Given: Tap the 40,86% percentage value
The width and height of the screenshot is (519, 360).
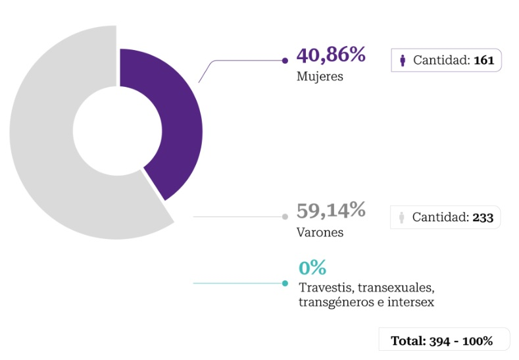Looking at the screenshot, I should point(331,55).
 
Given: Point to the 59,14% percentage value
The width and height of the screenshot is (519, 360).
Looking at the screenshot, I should point(331,211).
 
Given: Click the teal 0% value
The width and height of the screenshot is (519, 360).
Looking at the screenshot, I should point(312,268).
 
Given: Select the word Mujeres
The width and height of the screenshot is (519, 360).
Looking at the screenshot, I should point(320,76).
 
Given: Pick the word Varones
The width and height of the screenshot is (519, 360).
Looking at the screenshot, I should point(320,232).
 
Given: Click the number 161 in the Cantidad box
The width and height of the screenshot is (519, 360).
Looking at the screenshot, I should point(483,61).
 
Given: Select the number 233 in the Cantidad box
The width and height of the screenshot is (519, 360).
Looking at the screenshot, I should point(483,217).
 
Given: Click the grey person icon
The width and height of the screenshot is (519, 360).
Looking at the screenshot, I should point(401,217).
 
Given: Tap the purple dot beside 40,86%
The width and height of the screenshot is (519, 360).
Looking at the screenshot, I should point(285,61).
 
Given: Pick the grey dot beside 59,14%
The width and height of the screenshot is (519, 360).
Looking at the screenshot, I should point(285,217).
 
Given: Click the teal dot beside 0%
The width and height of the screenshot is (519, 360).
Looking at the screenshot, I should point(285,284).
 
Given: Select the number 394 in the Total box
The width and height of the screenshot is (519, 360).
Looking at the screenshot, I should point(439,341).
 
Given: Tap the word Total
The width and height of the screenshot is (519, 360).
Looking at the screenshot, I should point(407,341).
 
